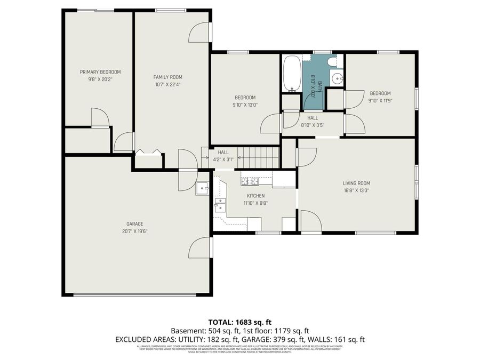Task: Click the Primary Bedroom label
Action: point(100,72)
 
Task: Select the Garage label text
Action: point(134,224)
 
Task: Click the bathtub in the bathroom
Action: point(292,74)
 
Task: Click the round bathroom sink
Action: point(337,80)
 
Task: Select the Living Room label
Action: point(356,183)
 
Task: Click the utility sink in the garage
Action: point(203,188)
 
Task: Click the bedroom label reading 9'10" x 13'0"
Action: point(245,105)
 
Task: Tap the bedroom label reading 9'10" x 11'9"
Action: point(379,100)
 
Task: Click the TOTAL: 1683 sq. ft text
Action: point(239,322)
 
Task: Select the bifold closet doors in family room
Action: point(148,152)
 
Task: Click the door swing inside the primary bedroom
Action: point(99,117)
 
